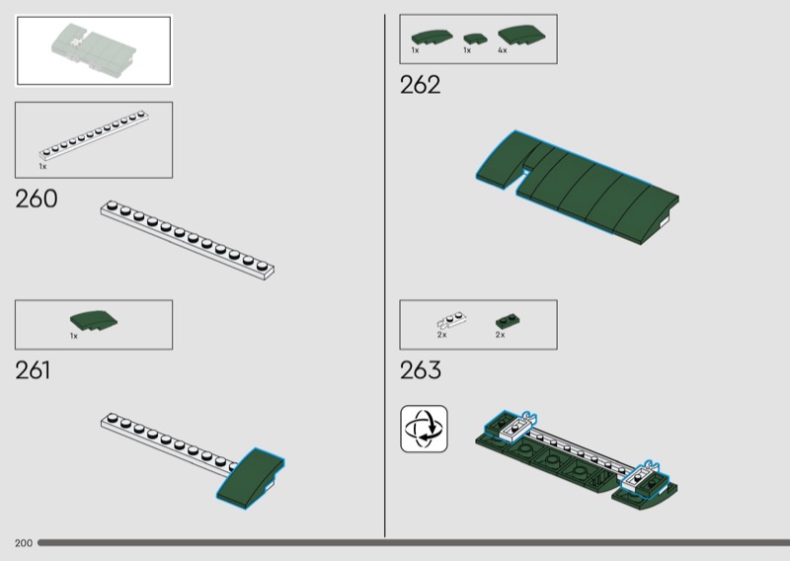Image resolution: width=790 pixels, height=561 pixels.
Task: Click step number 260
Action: point(37,199)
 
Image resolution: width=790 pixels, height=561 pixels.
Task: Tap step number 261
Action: point(33,370)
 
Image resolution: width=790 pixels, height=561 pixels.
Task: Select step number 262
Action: point(421,85)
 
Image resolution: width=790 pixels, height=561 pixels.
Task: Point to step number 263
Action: point(421,370)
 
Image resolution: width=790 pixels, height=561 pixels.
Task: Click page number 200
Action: point(24,543)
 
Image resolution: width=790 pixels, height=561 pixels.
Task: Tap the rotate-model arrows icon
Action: point(424,429)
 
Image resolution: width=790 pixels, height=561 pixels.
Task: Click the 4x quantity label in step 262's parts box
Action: point(503,50)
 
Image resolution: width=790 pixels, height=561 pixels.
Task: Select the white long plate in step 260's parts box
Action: point(94,135)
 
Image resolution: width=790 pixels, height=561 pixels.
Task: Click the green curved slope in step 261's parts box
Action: point(94,321)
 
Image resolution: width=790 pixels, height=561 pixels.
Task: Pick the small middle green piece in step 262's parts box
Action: point(475,39)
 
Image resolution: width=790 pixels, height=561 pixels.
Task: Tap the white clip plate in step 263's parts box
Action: point(451,321)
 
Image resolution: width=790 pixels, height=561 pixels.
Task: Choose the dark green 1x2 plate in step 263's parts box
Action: point(508,321)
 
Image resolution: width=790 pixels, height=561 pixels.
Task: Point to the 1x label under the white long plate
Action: point(42,166)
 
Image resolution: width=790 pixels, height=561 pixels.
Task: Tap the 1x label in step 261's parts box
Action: point(74,336)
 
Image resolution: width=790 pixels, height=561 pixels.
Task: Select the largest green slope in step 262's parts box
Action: point(521,36)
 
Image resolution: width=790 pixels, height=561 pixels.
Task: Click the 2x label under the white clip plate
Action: point(441,335)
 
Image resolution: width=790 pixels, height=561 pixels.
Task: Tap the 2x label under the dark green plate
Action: point(500,335)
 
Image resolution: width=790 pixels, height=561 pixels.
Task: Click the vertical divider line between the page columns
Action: point(385,276)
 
